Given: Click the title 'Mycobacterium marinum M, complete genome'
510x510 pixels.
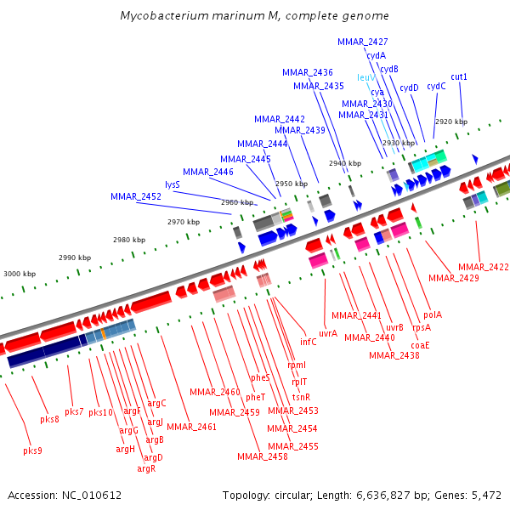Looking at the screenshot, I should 254,15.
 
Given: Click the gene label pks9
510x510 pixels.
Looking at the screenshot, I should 33,450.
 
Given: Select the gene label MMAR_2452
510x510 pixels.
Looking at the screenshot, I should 136,196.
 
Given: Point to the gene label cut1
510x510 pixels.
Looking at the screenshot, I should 459,77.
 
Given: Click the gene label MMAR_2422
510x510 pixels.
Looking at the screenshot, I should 483,267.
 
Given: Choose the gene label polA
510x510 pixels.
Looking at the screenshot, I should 432,314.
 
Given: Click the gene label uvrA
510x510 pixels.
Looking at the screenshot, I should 328,333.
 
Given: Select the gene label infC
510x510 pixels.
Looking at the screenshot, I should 308,342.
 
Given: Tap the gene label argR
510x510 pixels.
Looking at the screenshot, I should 146,468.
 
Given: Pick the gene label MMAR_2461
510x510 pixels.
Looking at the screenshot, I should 191,427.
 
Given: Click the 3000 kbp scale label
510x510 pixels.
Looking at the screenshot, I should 20,274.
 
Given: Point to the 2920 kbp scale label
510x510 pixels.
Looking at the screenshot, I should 450,122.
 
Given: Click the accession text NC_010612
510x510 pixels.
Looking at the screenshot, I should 65,495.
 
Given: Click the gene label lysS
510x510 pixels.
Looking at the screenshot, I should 173,184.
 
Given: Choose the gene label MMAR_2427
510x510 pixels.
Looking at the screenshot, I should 363,42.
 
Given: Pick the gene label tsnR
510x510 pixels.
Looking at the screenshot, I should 302,397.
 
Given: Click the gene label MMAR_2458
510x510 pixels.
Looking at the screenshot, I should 262,456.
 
